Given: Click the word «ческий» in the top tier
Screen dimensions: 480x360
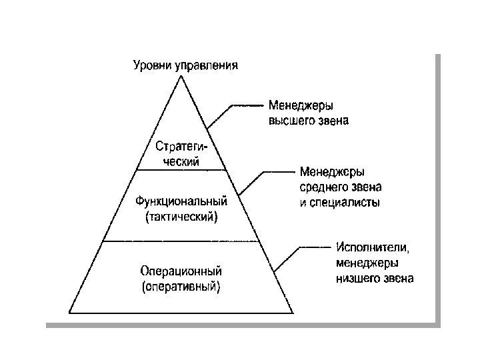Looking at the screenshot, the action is pos(181,160).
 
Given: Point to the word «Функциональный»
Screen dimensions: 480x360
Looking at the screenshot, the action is pos(181,201).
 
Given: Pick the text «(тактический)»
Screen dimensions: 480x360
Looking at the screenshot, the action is pos(181,217).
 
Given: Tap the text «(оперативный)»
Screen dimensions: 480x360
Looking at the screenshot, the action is pos(181,288).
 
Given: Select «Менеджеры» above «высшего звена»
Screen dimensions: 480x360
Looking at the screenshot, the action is pos(301,106).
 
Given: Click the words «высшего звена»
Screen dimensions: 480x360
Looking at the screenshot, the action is pos(309,122).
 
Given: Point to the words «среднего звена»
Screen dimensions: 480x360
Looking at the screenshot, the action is pos(340,187).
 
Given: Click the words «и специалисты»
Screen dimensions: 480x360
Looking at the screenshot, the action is pos(340,203).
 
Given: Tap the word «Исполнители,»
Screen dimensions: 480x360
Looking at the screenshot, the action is pos(373,248).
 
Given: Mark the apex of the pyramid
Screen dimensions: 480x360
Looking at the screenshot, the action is pos(181,77).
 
